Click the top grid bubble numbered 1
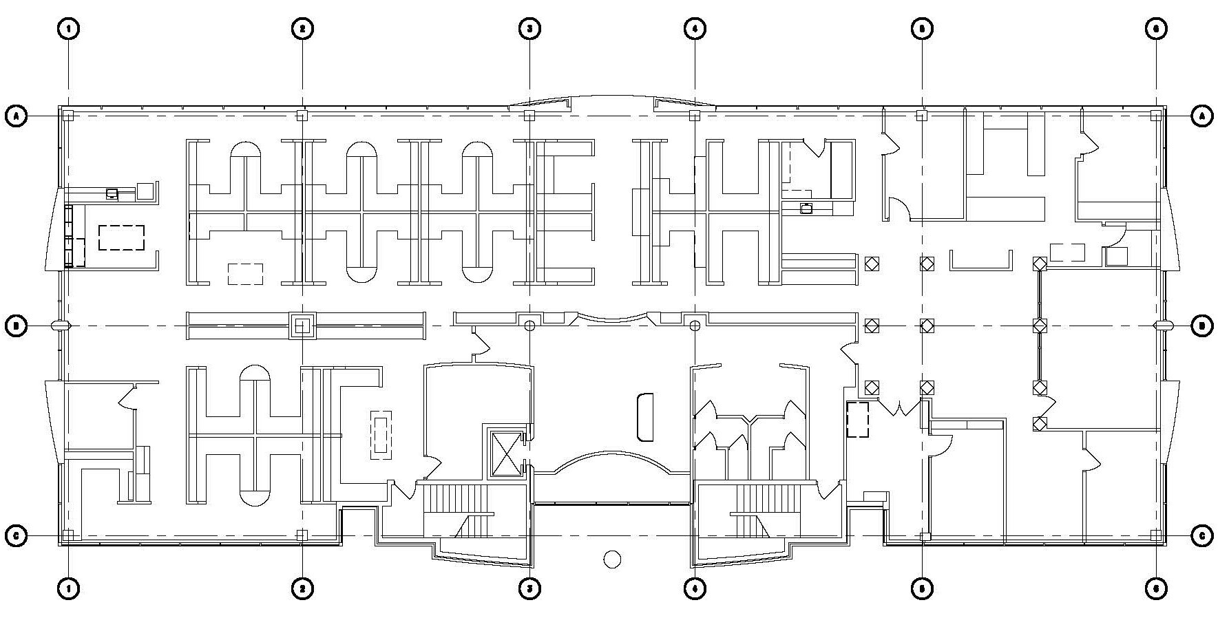coord(69,28)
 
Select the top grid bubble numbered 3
coord(529,28)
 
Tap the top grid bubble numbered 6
coord(1156,28)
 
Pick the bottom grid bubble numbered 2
coord(302,589)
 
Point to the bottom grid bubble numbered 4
coord(695,589)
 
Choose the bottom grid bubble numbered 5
coord(922,589)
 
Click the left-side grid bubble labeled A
coord(17,116)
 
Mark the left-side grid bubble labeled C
coord(17,535)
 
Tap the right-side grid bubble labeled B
coord(1202,326)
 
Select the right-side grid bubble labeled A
coord(1202,116)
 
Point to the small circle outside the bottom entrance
coord(612,559)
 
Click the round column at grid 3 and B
coord(529,326)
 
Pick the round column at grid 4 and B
coord(695,326)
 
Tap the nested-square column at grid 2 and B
coord(302,326)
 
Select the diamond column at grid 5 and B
coord(927,326)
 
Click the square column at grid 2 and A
coord(302,116)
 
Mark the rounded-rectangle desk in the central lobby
coord(644,417)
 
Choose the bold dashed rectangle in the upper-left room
coord(121,237)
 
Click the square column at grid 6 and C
coord(1155,535)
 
